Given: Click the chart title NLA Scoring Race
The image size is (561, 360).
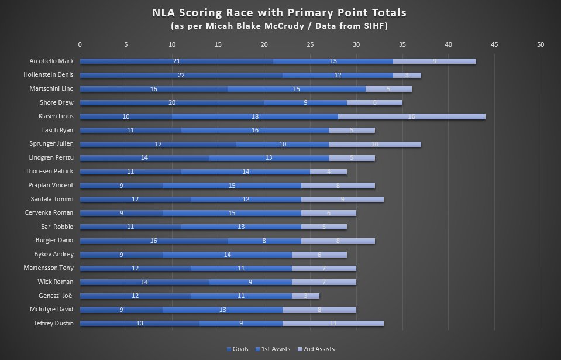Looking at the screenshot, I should point(280,12).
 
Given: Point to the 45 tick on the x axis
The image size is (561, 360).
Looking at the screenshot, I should point(494,44).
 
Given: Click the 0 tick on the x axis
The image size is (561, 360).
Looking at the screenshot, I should point(80,44).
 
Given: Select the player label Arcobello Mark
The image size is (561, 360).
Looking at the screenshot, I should point(51,61).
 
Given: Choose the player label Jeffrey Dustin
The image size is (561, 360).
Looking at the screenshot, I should point(54,323).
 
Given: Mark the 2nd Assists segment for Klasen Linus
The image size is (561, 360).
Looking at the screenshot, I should point(412,116).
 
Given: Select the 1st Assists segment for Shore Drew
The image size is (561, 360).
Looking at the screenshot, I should point(305,102).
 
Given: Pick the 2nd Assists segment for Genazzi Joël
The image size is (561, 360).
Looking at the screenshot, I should point(305,296).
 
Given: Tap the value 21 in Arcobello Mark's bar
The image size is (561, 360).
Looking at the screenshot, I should point(177,61).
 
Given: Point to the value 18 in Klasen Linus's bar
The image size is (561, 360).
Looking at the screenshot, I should point(255,116).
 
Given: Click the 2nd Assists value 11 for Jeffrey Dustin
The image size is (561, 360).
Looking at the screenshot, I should point(333,323).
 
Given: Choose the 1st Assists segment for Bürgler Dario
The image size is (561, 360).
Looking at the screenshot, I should point(264,241).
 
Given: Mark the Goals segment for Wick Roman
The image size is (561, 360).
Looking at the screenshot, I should point(144,282).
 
